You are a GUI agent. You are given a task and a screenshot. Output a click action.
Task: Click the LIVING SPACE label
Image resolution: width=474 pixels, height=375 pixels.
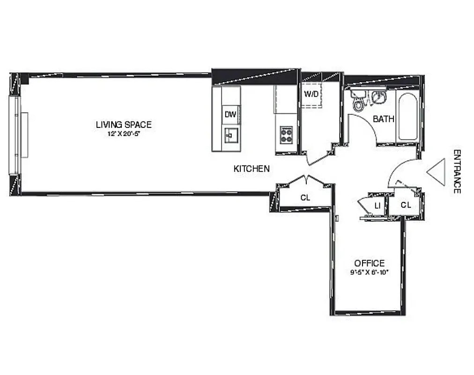(x=124, y=125)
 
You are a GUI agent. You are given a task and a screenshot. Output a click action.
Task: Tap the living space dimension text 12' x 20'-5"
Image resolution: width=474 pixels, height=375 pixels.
(x=124, y=134)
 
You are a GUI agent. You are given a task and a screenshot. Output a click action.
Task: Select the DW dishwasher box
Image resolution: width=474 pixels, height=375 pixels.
(x=230, y=114)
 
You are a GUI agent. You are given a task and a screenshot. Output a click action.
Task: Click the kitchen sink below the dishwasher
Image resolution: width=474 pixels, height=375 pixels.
(x=230, y=135)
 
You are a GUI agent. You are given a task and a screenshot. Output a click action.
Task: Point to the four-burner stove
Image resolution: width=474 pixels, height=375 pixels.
(x=286, y=135)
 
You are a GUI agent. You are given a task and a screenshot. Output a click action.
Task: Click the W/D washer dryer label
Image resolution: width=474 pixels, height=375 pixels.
(x=311, y=94)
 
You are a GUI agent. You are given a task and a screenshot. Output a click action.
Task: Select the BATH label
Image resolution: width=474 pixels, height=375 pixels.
(x=383, y=119)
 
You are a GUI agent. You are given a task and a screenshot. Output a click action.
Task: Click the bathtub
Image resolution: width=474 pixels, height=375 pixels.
(x=407, y=117)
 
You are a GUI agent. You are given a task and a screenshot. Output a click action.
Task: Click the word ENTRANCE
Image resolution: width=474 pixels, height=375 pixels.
(x=457, y=171)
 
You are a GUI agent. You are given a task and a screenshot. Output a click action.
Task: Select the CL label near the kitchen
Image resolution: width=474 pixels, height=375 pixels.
(x=305, y=198)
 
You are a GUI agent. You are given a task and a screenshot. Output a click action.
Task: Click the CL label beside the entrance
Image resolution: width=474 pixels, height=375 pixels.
(x=406, y=205)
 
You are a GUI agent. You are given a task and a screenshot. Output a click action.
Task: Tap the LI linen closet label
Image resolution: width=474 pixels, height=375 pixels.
(x=377, y=205)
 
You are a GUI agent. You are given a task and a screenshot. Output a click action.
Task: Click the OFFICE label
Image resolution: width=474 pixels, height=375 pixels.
(x=369, y=263)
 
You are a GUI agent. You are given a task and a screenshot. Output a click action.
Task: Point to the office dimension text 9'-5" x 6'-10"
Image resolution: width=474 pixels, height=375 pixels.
(x=369, y=272)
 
